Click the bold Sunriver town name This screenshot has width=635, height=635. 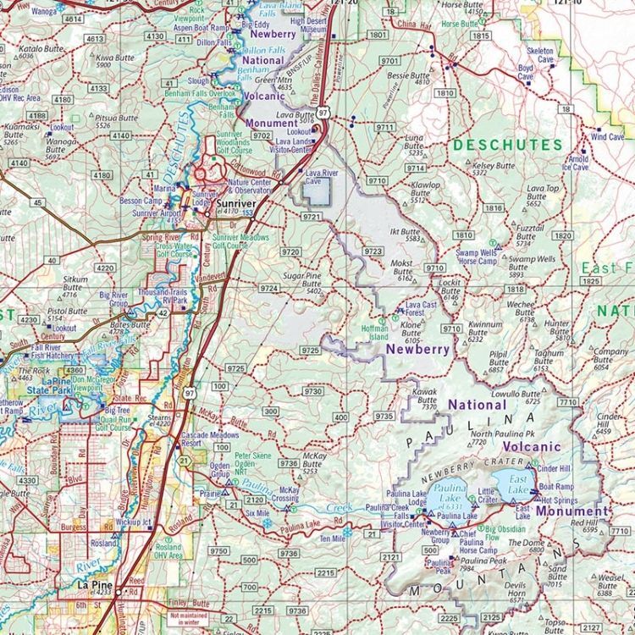coord(235,205)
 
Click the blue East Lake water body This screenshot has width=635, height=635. coord(511,485)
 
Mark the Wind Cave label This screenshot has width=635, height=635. coord(607,136)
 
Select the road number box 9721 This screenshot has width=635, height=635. coord(312,218)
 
